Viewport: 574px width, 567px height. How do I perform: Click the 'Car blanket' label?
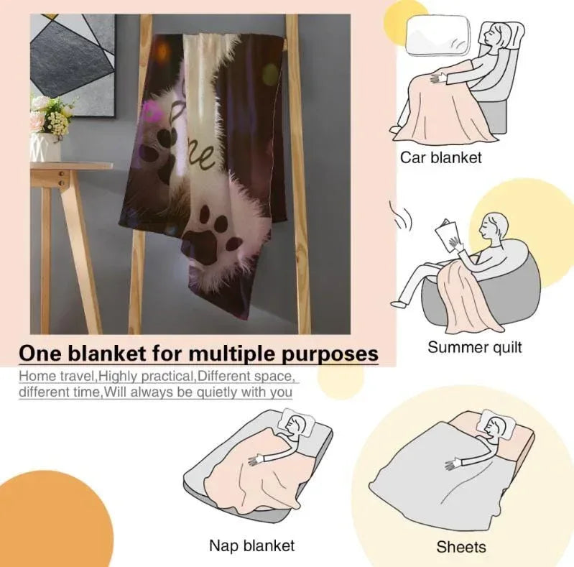point(441,157)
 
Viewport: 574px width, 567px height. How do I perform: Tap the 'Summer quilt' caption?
point(475,347)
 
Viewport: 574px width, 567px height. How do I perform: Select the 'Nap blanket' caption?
point(252,545)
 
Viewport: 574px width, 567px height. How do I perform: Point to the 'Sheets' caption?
point(461,547)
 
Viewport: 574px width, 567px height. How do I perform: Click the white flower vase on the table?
point(45,147)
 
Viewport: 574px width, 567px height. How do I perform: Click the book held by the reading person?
point(447,235)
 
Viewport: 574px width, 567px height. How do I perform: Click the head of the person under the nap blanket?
point(295,425)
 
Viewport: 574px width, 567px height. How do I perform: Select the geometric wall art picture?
point(73,65)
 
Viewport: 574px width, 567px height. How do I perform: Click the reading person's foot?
point(399,304)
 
